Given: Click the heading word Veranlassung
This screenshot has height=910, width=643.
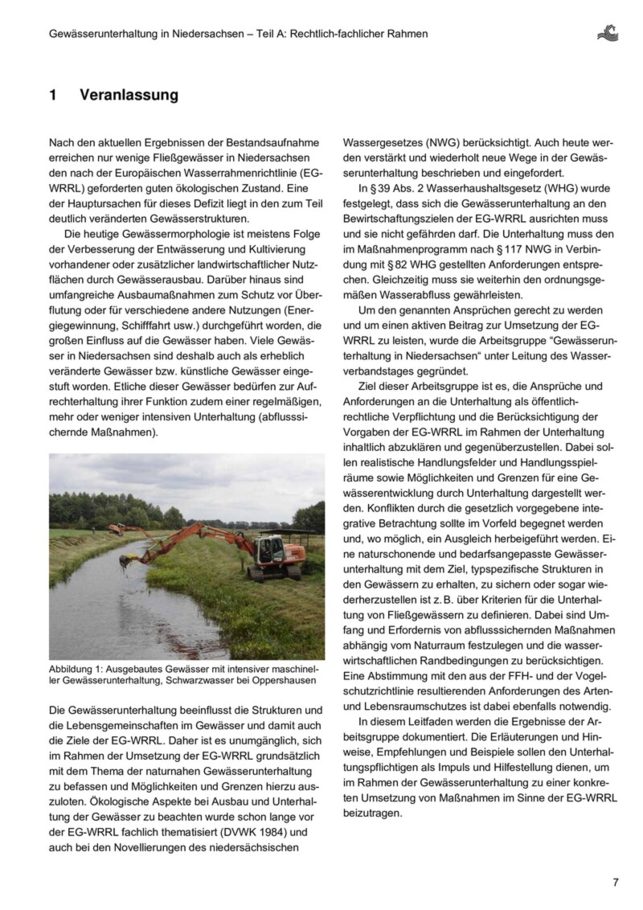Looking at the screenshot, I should (129, 95).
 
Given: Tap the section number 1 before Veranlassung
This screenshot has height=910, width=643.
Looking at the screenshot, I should (53, 95).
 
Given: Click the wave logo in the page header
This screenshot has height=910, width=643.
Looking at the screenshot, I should (608, 33).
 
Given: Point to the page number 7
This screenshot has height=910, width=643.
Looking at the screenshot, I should (615, 882).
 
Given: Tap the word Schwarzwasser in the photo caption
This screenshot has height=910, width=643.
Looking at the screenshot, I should (208, 681).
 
